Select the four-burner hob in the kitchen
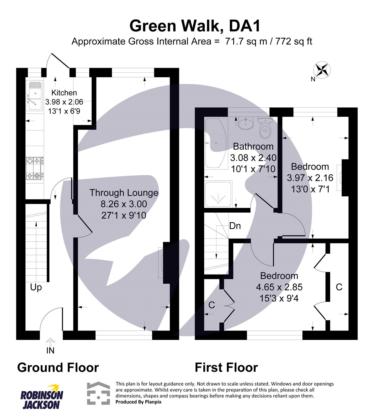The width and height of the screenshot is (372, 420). coord(35,168)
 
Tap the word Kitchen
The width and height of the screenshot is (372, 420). coord(64,93)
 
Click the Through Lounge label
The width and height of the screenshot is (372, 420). coord(124,193)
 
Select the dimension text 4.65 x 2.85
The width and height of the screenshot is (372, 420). coord(279,287)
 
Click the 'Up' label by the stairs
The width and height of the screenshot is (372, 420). coord(36,287)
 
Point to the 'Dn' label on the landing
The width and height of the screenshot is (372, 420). coord(235,226)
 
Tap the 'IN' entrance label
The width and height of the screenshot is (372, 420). coord(50,350)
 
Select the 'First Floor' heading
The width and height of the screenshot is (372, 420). coord(226,367)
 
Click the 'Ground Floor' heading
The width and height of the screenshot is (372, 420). coord(58,367)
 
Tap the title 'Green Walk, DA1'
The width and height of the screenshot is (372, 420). coord(195,26)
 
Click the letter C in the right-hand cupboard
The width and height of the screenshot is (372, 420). coord(339,287)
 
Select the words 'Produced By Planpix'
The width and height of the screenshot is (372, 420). coord(139,402)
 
